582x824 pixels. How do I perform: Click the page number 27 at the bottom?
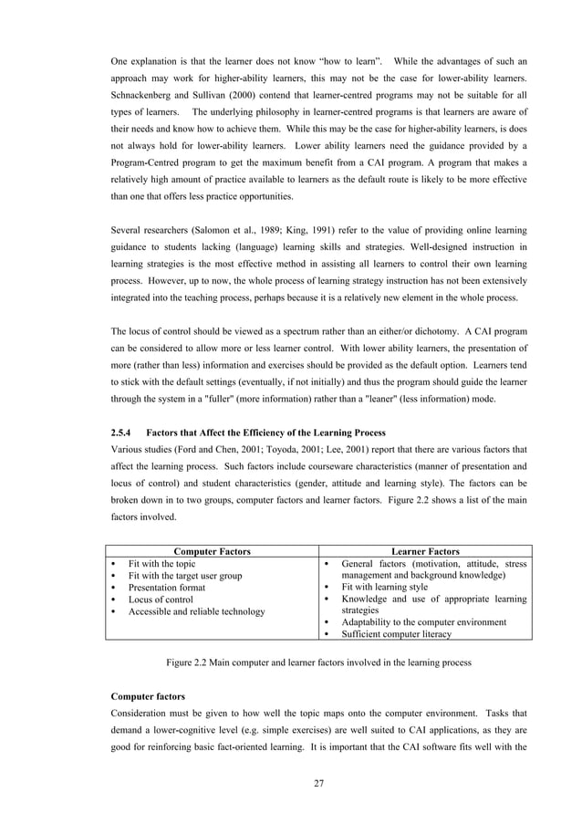click(318, 781)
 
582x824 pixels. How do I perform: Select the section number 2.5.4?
click(121, 432)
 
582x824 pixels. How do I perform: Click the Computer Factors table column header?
click(212, 551)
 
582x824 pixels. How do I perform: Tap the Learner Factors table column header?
click(425, 551)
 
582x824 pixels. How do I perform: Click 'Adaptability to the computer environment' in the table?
click(423, 622)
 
